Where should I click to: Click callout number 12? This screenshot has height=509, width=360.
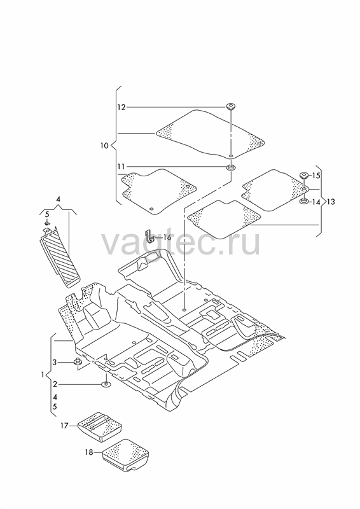click(121, 107)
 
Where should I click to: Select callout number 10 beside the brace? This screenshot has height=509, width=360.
click(104, 146)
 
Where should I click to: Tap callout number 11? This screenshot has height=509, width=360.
click(121, 167)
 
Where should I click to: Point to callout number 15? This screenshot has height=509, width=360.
click(316, 176)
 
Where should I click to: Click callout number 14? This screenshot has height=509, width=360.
click(316, 202)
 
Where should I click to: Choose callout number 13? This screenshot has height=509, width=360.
click(331, 202)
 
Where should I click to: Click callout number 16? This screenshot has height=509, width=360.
click(167, 237)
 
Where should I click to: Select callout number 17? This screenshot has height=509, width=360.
click(64, 425)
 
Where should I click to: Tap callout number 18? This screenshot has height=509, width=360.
click(89, 452)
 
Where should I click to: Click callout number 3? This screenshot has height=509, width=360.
click(55, 362)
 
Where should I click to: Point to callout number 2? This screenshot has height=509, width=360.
click(55, 384)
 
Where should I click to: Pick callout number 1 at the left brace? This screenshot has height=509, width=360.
click(43, 375)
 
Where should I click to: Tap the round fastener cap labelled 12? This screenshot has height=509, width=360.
click(231, 106)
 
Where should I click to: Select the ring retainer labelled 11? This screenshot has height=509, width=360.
click(231, 168)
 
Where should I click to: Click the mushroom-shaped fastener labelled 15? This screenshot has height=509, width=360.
click(304, 176)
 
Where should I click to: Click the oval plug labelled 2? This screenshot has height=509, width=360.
click(106, 385)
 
